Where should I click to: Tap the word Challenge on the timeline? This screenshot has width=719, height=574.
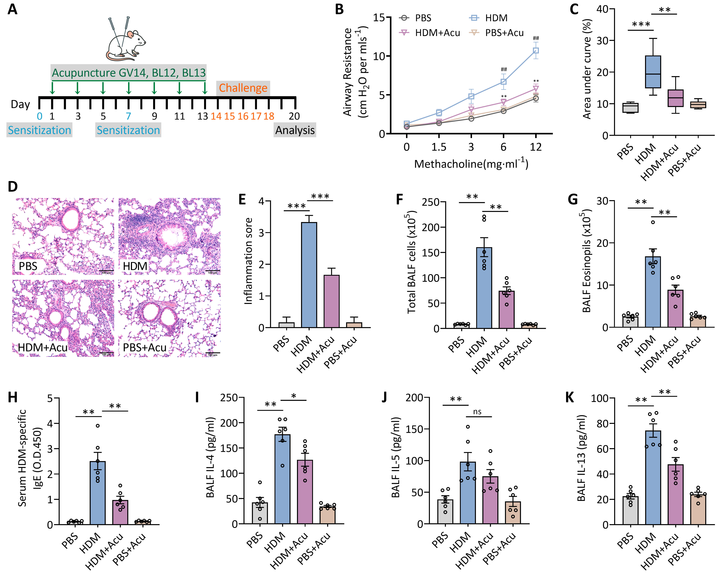[243, 88]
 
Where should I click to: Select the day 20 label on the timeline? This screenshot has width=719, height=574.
[294, 116]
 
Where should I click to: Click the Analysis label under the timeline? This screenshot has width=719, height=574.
[295, 130]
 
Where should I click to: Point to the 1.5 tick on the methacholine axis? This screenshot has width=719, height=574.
[439, 147]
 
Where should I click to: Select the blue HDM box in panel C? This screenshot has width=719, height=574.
[653, 72]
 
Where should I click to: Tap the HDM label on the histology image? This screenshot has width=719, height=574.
[135, 266]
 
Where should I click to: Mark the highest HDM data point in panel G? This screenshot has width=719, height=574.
[653, 222]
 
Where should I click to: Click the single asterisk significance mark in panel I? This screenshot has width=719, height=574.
[293, 396]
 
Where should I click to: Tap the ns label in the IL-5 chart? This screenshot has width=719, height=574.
[477, 412]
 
